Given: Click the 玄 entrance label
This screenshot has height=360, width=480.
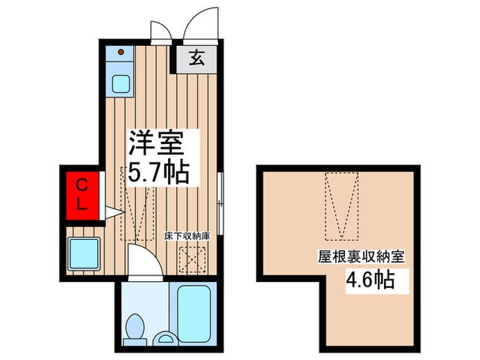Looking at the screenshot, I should point(196,58).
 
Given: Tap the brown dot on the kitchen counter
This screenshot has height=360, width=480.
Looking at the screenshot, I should point(121,51).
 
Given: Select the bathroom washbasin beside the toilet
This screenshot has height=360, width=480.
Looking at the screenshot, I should point(165,338).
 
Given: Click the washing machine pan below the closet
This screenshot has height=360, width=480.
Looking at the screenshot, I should point(84,252).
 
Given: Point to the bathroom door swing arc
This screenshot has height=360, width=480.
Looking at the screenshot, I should point(143,261).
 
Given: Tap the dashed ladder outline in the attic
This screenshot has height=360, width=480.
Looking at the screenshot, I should point(341,206).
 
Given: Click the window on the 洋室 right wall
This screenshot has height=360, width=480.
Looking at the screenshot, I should point(219,199).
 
